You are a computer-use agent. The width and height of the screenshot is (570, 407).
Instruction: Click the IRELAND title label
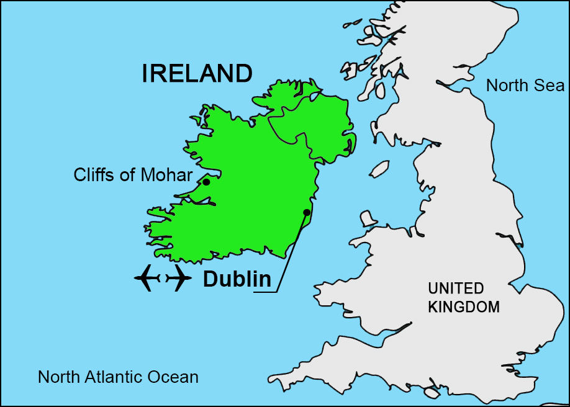coord(197,74)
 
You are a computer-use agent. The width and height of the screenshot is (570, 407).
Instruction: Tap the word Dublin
coord(237,280)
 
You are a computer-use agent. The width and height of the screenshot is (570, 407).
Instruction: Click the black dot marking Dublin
coord(307,212)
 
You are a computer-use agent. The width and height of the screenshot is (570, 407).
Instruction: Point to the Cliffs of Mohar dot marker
coord(206,182)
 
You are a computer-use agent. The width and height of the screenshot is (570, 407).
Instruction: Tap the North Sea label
coord(525,86)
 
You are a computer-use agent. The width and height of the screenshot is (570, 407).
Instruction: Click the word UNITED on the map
coord(455,288)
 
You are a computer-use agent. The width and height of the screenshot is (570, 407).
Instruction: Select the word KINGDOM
coord(464,306)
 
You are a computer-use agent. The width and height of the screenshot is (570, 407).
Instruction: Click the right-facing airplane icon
coord(179,277)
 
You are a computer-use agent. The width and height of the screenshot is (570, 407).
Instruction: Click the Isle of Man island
coord(379,168)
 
